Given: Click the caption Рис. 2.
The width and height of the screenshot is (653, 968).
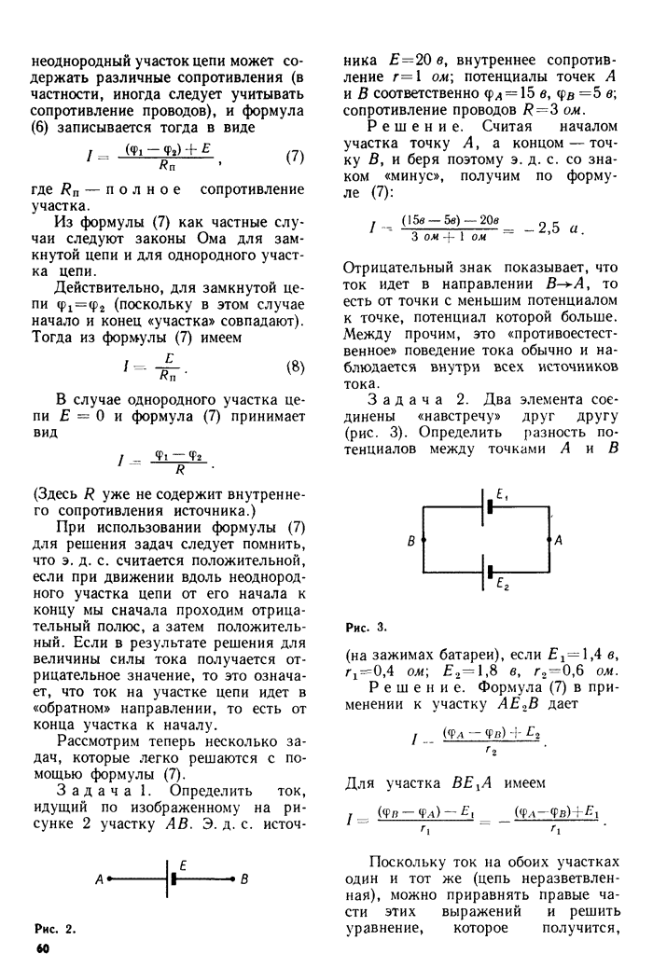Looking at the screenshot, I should [55, 930].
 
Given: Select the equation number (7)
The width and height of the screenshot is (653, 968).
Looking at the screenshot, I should [294, 157].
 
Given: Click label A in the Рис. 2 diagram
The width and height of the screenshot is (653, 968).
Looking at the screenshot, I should [98, 878].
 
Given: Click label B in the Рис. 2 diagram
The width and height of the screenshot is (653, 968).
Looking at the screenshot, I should [244, 878].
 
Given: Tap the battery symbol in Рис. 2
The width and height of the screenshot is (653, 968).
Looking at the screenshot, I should [173, 878].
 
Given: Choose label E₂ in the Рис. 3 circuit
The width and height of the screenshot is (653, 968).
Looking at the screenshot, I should [502, 586].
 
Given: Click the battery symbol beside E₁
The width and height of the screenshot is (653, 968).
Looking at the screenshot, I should [485, 508].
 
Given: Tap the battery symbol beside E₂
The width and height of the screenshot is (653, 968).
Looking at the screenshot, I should [485, 570].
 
